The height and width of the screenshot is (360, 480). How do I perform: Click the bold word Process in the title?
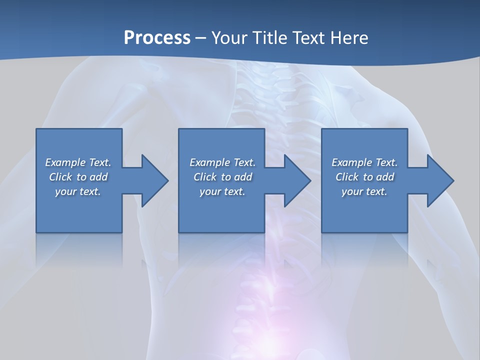coord(157,37)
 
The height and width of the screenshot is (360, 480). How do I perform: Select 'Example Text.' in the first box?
coord(78,162)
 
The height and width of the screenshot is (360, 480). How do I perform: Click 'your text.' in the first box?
coord(78,191)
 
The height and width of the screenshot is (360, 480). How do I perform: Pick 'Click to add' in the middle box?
coord(222,177)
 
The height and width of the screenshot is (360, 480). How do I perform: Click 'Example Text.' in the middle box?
coord(222,162)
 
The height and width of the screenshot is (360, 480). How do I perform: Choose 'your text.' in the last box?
coord(364,191)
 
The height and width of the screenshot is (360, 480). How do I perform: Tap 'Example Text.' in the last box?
coord(364,162)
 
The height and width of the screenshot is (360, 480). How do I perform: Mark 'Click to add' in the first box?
coord(78,177)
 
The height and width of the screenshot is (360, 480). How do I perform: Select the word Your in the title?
coord(228,37)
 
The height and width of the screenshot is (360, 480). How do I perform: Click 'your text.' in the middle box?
coord(222,191)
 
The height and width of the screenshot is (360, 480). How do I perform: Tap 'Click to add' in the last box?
coord(364,177)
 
